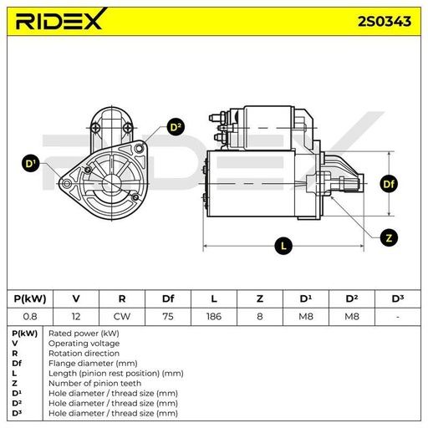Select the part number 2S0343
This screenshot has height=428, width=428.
click(385, 22)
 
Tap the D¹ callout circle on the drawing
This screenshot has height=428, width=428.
click(30, 163)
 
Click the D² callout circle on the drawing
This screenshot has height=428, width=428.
click(176, 127)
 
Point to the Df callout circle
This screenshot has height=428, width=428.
click(389, 184)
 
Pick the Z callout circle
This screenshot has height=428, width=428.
click(389, 237)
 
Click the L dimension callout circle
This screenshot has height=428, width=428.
click(283, 246)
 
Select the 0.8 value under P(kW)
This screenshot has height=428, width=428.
click(30, 317)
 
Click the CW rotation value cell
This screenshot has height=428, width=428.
click(122, 317)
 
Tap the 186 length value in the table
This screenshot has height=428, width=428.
click(214, 317)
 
